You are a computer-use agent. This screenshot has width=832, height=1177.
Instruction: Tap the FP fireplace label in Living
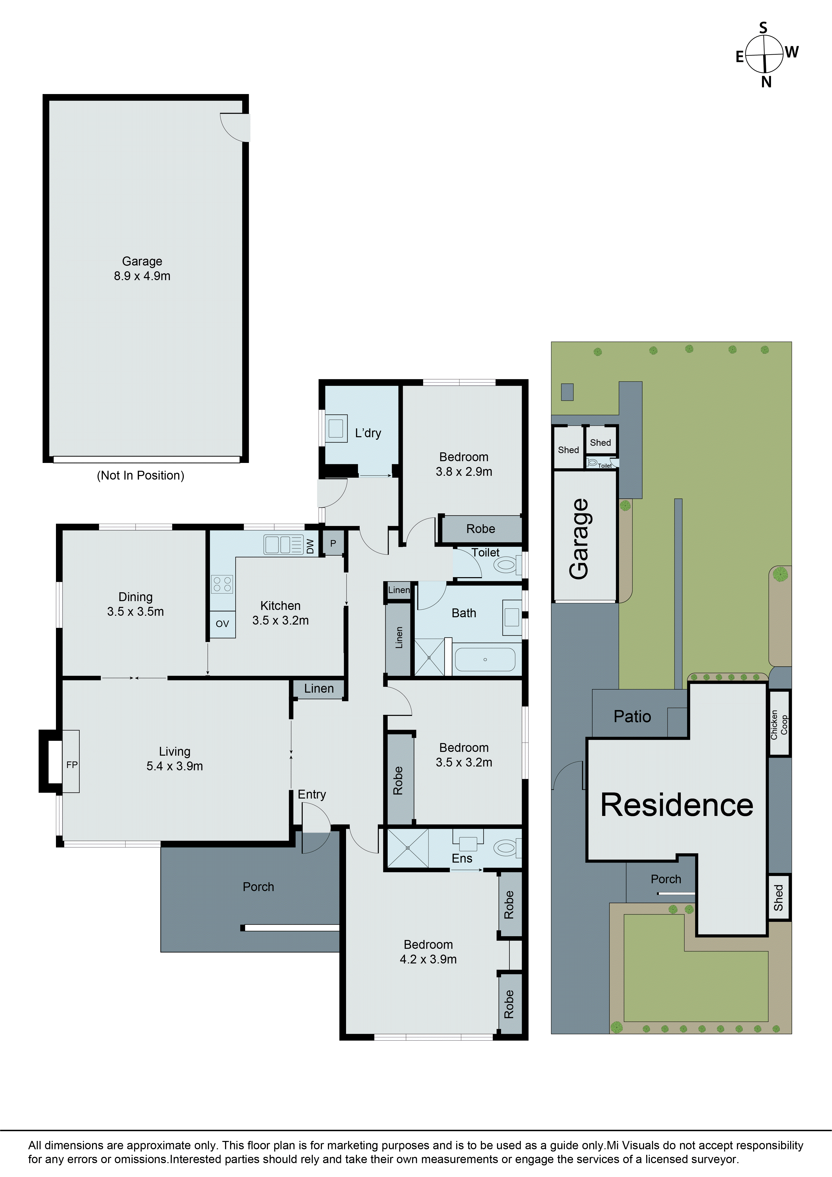[x=72, y=765]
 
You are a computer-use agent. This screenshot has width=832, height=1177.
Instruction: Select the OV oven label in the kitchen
[x=222, y=624]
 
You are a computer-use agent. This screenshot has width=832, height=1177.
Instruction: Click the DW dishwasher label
[x=310, y=546]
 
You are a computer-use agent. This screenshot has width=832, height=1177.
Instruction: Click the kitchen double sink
[x=283, y=544]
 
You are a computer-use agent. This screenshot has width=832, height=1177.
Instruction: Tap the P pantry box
[x=333, y=543]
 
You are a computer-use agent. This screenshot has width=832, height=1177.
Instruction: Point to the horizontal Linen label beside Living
[x=319, y=688]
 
